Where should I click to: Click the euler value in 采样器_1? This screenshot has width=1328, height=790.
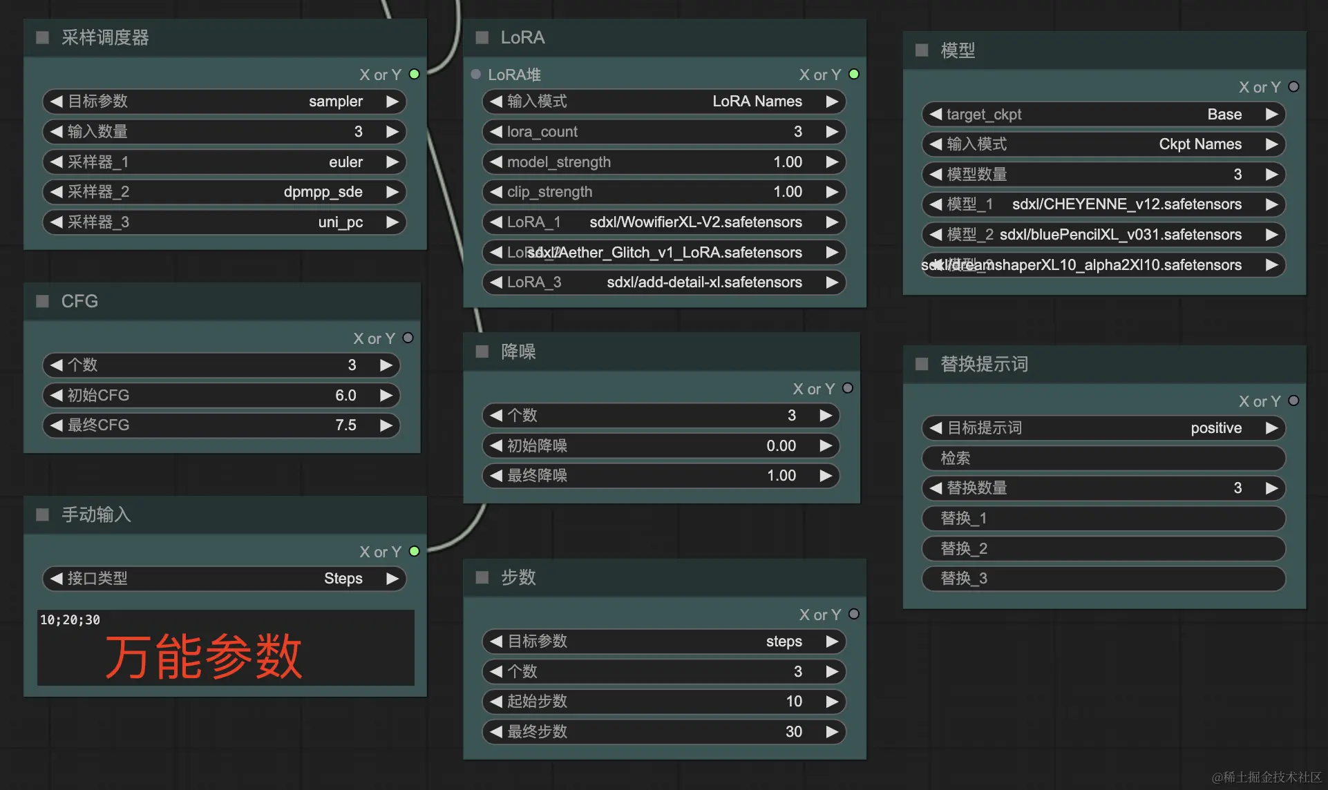pos(345,162)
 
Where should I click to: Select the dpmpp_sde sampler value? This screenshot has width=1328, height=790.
pos(323,192)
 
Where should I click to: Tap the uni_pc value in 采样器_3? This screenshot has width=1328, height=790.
pos(340,222)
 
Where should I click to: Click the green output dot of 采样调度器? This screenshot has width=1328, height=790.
pos(415,74)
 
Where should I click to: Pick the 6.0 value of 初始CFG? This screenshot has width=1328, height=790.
pos(345,396)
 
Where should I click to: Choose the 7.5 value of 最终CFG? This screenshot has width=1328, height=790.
pos(345,425)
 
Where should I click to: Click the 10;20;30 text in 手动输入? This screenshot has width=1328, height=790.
pos(70,620)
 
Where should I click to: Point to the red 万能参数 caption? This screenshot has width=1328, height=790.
pos(203,656)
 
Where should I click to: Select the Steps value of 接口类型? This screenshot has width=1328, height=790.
pos(343,579)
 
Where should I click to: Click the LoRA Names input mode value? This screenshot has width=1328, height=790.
pos(757,102)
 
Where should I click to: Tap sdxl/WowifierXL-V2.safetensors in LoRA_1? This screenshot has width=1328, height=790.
pos(695,222)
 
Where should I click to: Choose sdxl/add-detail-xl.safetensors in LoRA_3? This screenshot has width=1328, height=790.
pos(704,282)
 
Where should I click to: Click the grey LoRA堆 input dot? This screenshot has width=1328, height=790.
pos(476,74)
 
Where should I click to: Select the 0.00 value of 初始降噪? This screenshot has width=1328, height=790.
pos(781,446)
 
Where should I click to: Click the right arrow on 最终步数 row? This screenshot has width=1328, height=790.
pos(832,732)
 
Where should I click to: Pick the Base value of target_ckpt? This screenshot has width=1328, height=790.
pos(1224,115)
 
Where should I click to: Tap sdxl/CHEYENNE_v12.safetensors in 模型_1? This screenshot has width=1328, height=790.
pos(1126,204)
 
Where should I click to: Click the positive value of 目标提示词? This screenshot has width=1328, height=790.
pos(1215,428)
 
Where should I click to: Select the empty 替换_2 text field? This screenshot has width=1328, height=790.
pos(1103,549)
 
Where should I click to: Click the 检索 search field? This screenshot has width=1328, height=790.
pos(1103,459)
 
